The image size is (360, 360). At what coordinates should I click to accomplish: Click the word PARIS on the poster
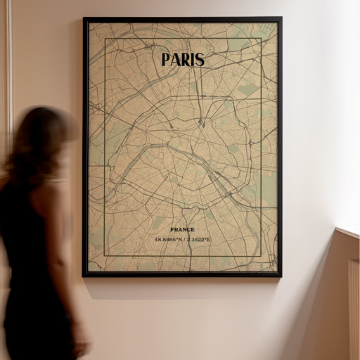click(183, 60)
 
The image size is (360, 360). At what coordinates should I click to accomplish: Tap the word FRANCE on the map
click(182, 230)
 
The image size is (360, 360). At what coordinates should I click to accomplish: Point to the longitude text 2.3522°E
click(198, 240)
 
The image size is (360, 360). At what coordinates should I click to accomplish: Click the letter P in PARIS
click(166, 60)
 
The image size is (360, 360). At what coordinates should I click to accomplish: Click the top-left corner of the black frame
click(84, 19)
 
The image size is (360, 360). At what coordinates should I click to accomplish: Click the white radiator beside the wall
click(353, 309)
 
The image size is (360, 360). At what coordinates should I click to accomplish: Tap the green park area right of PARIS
click(247, 89)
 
